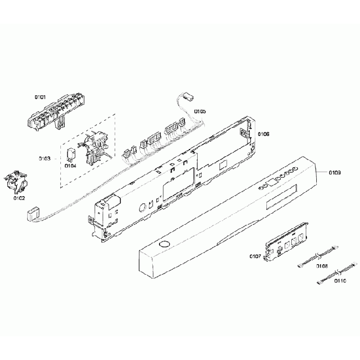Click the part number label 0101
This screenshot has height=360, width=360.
[40, 97]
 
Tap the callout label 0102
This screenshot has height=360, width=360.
[19, 198]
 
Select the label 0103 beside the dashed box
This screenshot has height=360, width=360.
[45, 158]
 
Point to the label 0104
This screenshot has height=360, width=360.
[71, 164]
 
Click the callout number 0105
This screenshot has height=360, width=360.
[199, 112]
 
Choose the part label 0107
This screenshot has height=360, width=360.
[255, 256]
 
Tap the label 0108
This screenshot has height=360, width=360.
[322, 266]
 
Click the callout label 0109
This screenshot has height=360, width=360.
[334, 173]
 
